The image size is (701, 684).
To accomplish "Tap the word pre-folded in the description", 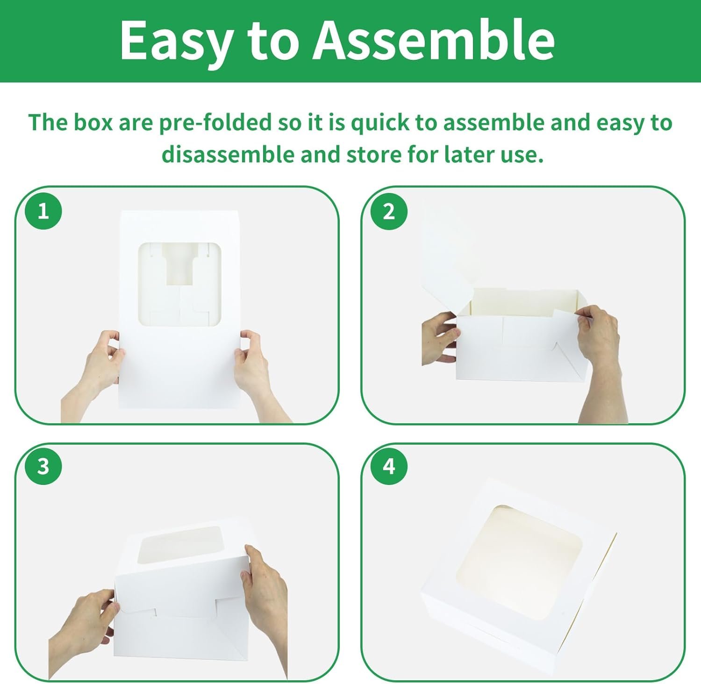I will coord(215,123).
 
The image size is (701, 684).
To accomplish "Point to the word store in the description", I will coord(374,155).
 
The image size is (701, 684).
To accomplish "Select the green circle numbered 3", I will coord(43,466).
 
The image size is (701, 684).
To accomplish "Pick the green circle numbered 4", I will coord(389,466).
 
